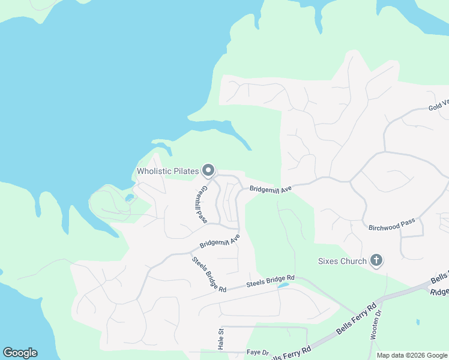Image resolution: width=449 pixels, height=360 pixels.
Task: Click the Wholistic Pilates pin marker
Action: click(208, 171)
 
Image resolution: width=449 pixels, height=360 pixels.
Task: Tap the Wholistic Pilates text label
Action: click(167, 172)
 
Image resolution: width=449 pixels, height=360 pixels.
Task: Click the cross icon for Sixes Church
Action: click(376, 261)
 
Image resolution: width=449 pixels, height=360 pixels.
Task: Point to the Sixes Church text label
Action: click(342, 262)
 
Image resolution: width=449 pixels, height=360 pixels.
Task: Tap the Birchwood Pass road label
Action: click(391, 223)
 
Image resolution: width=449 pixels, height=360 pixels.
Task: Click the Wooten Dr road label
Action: click(376, 324)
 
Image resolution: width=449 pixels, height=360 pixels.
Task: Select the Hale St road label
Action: click(220, 338)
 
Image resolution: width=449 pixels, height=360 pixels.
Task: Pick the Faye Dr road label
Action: click(258, 352)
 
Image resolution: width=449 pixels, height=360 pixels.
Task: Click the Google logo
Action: click(20, 353)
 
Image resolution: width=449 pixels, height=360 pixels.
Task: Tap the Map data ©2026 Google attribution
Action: click(412, 355)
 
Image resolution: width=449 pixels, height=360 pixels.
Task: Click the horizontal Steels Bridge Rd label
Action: click(271, 280)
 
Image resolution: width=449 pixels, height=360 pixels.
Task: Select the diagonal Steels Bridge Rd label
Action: click(208, 275)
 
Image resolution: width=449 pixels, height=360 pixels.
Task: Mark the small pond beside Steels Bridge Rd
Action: click(282, 286)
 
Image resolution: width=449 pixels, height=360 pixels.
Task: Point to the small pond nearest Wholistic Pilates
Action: click(129, 197)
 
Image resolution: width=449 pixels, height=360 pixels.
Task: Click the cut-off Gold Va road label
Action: click(438, 106)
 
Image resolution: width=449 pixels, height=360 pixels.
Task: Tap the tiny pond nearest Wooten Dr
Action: click(417, 322)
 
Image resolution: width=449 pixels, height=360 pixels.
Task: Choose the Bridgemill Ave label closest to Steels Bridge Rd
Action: click(220, 241)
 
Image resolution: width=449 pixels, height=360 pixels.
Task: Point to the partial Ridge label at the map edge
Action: click(439, 291)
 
